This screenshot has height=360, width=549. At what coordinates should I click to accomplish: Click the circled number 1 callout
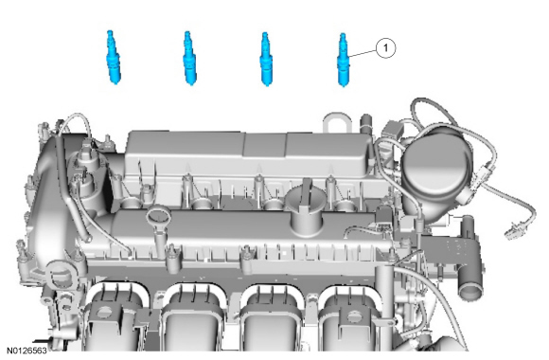click(386, 47)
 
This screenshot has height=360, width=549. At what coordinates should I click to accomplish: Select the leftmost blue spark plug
click(113, 57)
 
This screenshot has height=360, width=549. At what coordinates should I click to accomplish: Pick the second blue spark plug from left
click(189, 58)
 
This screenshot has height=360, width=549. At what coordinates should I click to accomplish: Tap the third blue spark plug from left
click(266, 59)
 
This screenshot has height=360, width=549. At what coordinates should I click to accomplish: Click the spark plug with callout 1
click(343, 60)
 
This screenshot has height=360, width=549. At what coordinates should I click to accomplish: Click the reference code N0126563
click(27, 351)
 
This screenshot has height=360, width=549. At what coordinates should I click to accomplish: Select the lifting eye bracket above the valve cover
click(336, 123)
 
